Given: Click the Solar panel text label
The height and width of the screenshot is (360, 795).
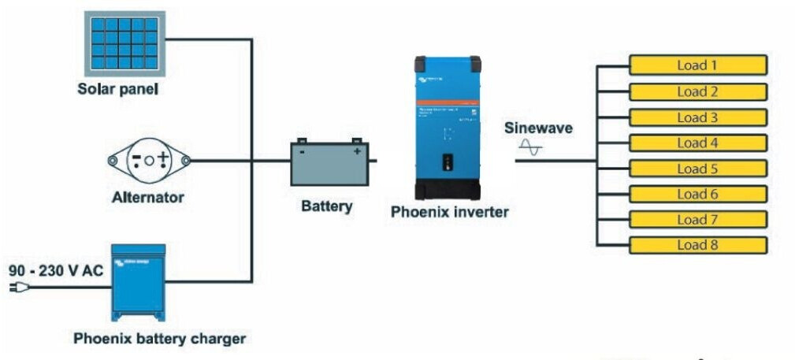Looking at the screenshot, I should pyautogui.click(x=117, y=89).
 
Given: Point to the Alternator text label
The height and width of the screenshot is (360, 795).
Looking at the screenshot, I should pyautogui.click(x=147, y=197).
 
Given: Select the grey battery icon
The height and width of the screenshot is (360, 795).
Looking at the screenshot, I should pyautogui.click(x=328, y=163).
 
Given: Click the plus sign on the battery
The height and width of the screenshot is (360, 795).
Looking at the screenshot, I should pyautogui.click(x=356, y=151).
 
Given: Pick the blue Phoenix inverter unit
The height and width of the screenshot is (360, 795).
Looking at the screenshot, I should pyautogui.click(x=448, y=127).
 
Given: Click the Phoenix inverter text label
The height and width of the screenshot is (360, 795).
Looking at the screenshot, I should pyautogui.click(x=449, y=212).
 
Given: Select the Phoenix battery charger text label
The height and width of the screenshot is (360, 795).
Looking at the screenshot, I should pyautogui.click(x=159, y=339).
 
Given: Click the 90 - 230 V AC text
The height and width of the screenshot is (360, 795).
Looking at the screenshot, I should pyautogui.click(x=56, y=271).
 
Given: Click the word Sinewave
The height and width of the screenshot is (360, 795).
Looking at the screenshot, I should pyautogui.click(x=538, y=128).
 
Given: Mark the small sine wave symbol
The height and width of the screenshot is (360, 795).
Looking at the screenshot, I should pyautogui.click(x=530, y=147).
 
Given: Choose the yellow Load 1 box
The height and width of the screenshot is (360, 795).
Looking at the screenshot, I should pyautogui.click(x=697, y=65).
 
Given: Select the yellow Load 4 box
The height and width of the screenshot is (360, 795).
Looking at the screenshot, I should pyautogui.click(x=697, y=143).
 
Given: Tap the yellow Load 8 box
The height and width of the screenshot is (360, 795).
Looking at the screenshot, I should pyautogui.click(x=697, y=245).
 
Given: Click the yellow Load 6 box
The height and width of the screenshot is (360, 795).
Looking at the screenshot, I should pyautogui.click(x=697, y=194).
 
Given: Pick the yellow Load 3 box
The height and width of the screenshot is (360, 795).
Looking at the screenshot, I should pyautogui.click(x=697, y=118).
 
